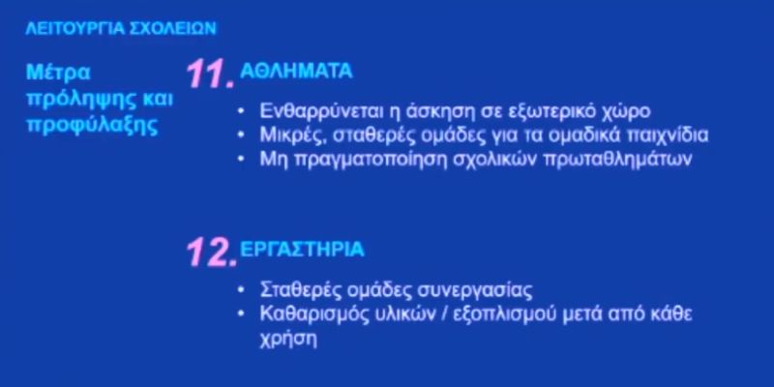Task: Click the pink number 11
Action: (x=210, y=74)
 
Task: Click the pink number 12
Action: (x=211, y=253)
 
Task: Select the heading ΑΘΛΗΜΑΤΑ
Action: (x=296, y=72)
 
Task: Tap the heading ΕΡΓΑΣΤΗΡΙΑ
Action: (x=302, y=250)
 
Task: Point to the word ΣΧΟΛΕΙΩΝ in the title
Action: (x=173, y=29)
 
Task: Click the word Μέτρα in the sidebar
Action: (x=58, y=73)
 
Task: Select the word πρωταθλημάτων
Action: (x=617, y=160)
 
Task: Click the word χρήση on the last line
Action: (x=287, y=341)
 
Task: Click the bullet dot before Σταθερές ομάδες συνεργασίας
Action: (x=241, y=289)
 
